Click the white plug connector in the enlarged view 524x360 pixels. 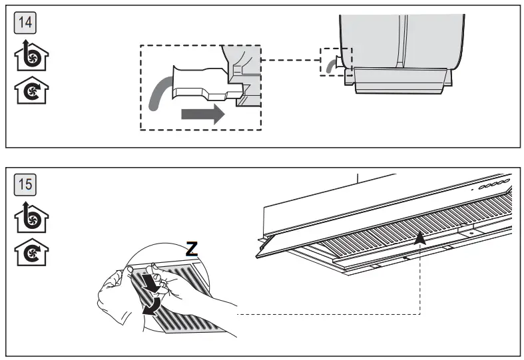pos(200,83)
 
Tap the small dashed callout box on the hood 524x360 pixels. pos(336,61)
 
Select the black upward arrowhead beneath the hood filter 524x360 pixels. pos(420,238)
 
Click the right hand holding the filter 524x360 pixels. pos(200,306)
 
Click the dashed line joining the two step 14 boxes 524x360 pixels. pos(290,61)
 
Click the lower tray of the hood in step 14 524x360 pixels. pos(399,81)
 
